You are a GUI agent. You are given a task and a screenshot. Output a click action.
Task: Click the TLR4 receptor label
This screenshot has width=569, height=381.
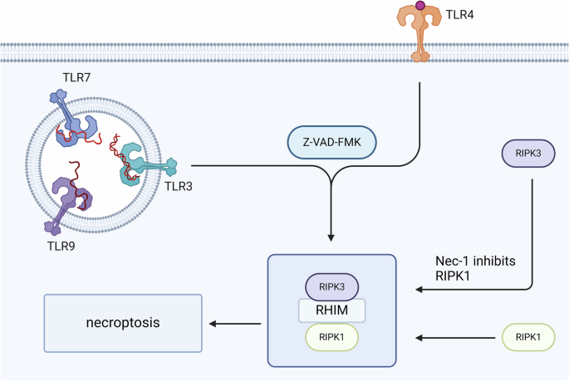459,15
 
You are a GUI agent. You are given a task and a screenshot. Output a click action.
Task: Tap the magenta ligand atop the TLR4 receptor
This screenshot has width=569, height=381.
420,6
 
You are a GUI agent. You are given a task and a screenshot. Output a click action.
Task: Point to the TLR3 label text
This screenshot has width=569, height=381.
201,184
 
